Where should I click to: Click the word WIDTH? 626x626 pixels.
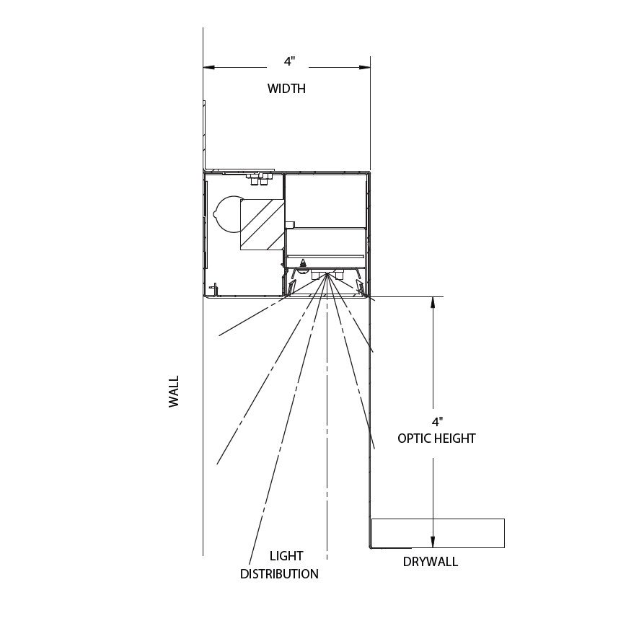tap(286, 88)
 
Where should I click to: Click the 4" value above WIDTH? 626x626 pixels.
tap(289, 61)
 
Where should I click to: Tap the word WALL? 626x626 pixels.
tap(174, 391)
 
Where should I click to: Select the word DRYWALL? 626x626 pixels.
tap(431, 562)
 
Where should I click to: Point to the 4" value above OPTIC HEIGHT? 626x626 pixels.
tap(438, 422)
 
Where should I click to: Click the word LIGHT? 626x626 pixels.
tap(286, 556)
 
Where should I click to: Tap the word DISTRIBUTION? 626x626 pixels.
tap(279, 574)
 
